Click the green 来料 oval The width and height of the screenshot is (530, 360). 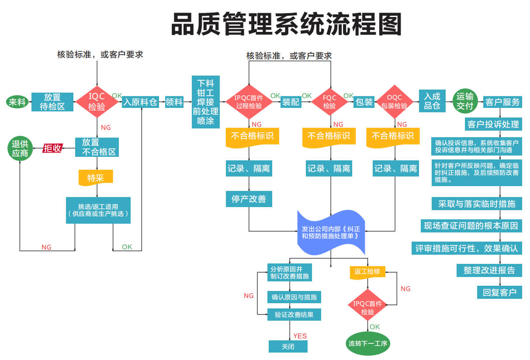17,102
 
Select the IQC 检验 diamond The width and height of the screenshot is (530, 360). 97,102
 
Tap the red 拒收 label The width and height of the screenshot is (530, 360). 52,148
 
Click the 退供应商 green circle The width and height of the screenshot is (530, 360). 20,148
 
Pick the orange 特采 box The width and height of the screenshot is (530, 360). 96,177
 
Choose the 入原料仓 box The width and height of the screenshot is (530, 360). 140,102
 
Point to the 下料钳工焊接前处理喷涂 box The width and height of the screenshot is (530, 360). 206,102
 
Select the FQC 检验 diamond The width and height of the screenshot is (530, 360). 329,102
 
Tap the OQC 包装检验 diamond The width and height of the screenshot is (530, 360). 395,102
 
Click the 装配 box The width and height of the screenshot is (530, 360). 291,102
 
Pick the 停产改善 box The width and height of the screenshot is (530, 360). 249,199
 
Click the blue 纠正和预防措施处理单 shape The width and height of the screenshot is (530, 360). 331,232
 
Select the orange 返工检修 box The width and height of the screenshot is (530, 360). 367,272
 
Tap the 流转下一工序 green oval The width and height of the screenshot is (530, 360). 368,343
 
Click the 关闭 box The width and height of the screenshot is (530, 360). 288,346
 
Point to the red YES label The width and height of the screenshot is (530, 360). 300,336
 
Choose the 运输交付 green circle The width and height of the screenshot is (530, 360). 465,101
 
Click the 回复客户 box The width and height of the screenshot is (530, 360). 499,292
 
